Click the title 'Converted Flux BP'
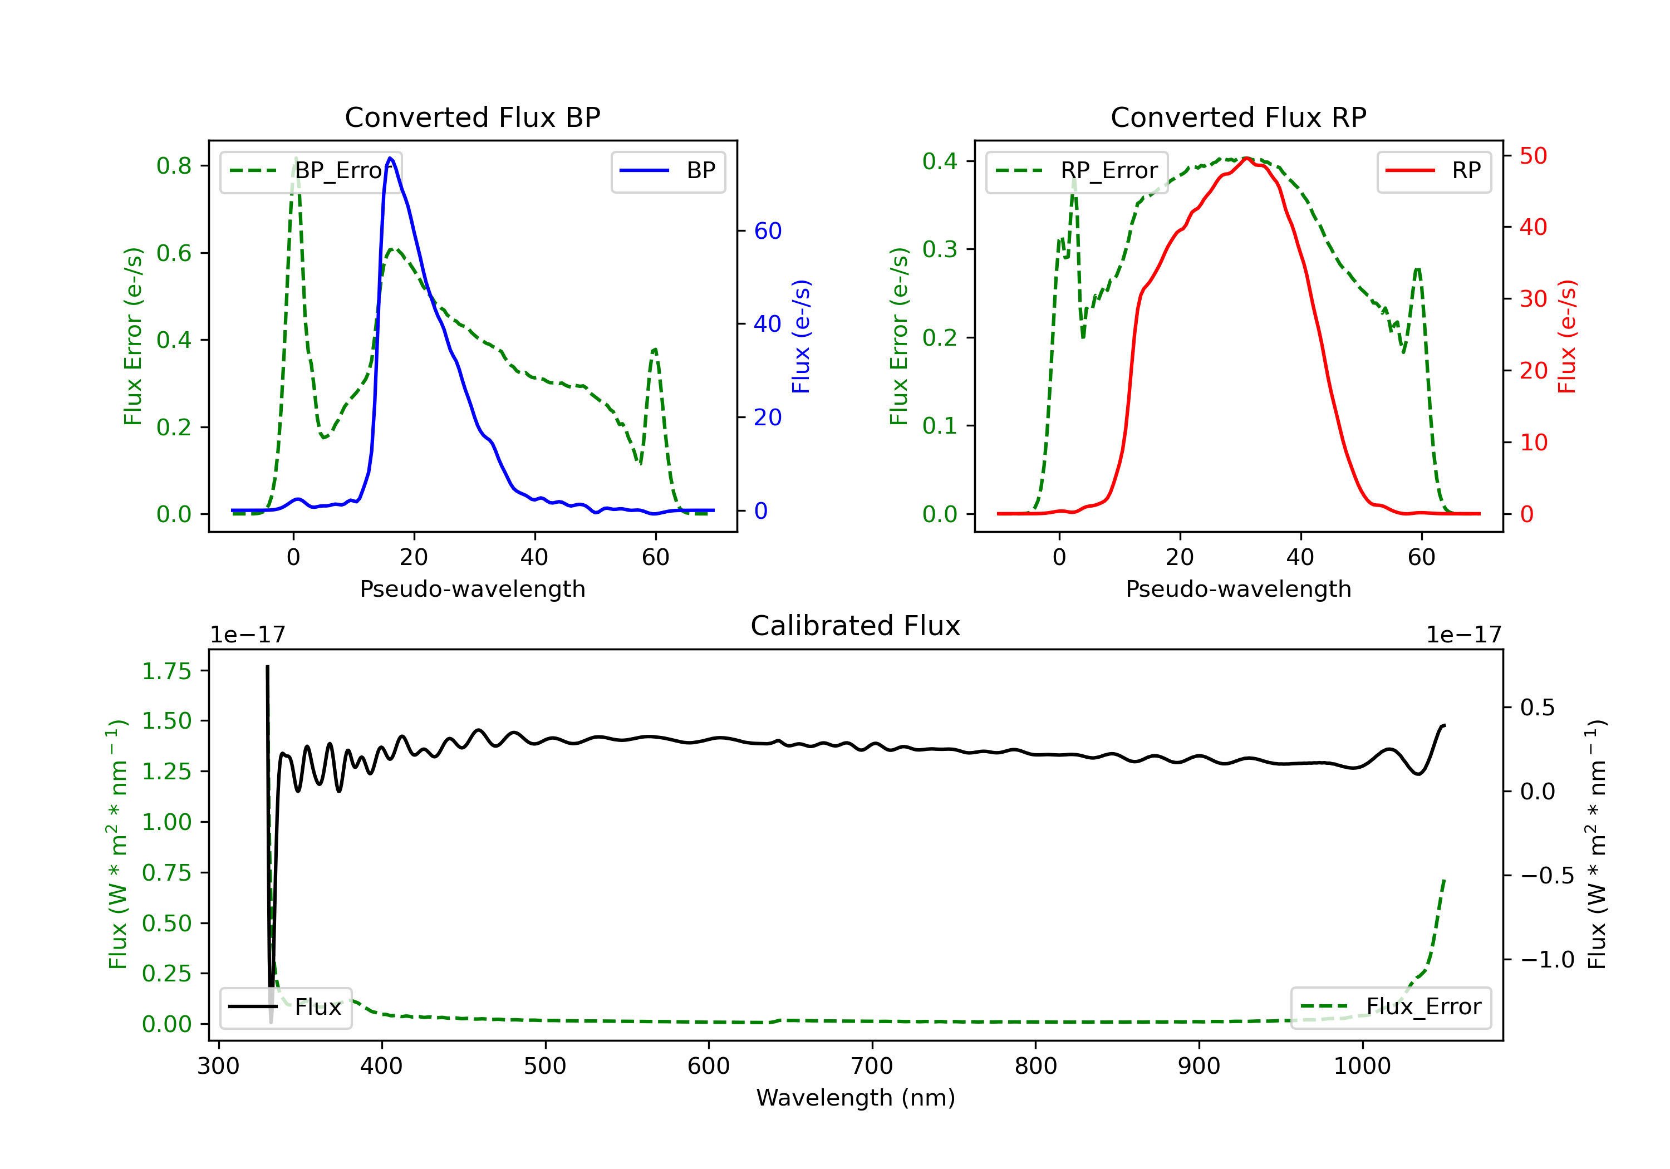pyautogui.click(x=472, y=117)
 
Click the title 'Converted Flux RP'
pyautogui.click(x=1238, y=117)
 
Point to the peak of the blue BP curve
pyautogui.click(x=391, y=158)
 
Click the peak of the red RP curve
pyautogui.click(x=1246, y=158)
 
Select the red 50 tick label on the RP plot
pyautogui.click(x=1533, y=156)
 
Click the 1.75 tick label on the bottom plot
pyautogui.click(x=166, y=671)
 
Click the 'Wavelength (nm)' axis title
pyautogui.click(x=856, y=1098)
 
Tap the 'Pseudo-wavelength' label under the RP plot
pyautogui.click(x=1238, y=588)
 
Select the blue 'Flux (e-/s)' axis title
pyautogui.click(x=801, y=336)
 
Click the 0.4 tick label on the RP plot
pyautogui.click(x=940, y=161)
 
